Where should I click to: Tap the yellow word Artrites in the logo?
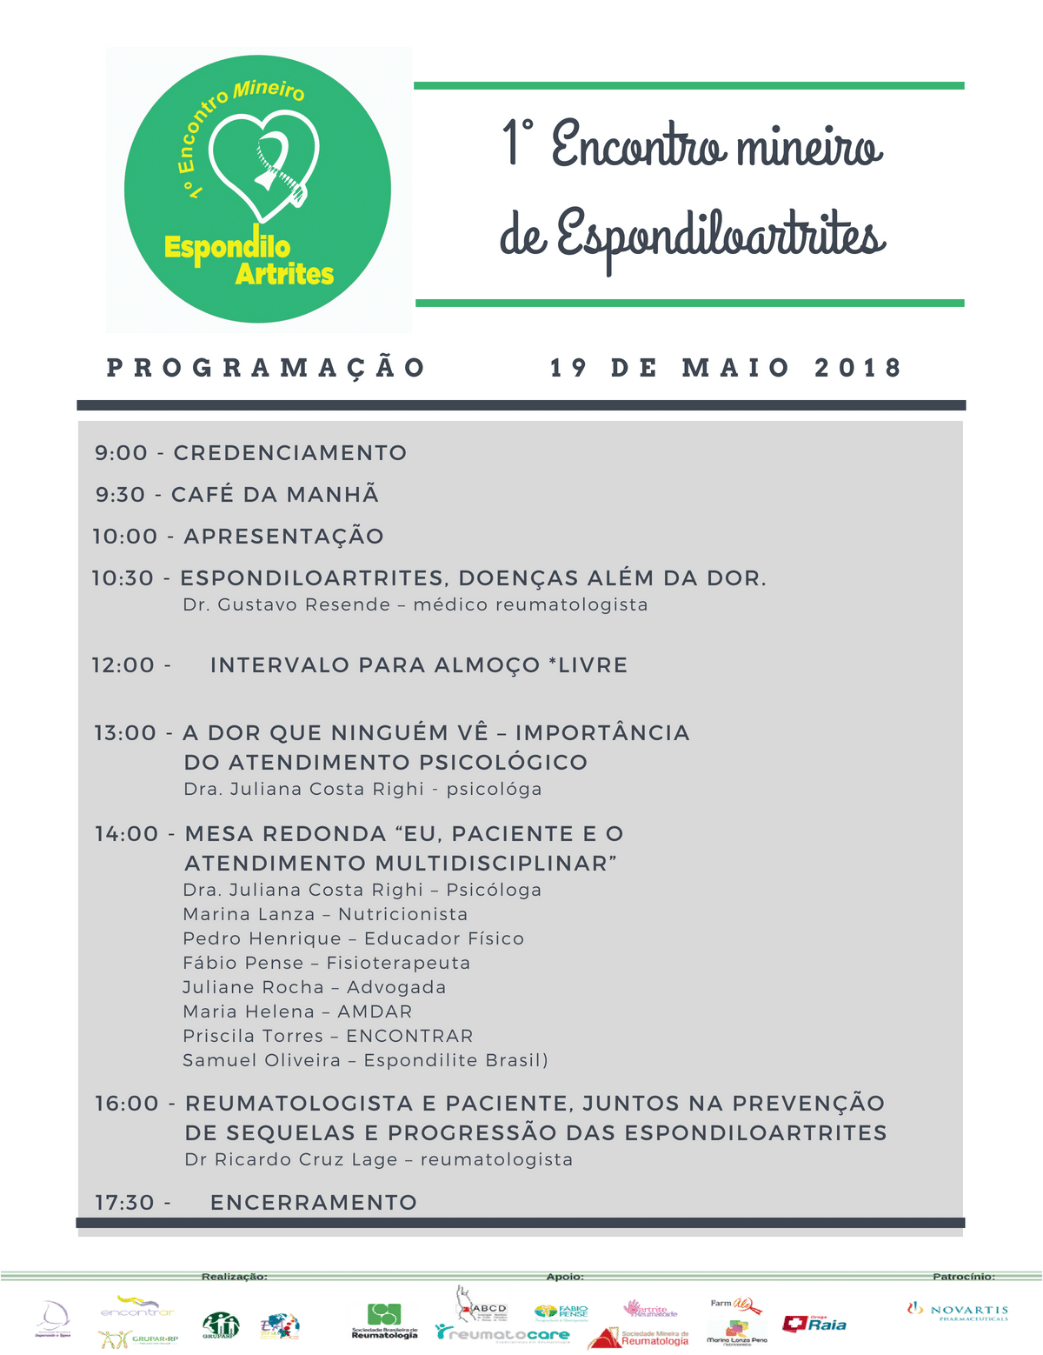pyautogui.click(x=284, y=274)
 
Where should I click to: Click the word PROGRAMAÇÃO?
pyautogui.click(x=265, y=368)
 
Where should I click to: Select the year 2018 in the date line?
pyautogui.click(x=858, y=368)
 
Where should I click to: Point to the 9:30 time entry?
pyautogui.click(x=121, y=495)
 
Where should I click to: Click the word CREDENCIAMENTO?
pyautogui.click(x=290, y=453)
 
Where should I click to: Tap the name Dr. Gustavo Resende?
pyautogui.click(x=286, y=605)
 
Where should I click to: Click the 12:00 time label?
pyautogui.click(x=123, y=665)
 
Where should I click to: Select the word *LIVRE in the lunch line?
pyautogui.click(x=588, y=665)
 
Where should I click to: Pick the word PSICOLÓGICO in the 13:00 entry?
pyautogui.click(x=503, y=763)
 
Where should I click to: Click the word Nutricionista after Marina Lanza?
pyautogui.click(x=403, y=915)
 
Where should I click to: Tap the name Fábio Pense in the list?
pyautogui.click(x=243, y=964)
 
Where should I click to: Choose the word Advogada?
pyautogui.click(x=396, y=988)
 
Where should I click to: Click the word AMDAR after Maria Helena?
pyautogui.click(x=375, y=1012)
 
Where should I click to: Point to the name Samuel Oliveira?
pyautogui.click(x=262, y=1061)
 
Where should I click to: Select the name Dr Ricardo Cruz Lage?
pyautogui.click(x=291, y=1160)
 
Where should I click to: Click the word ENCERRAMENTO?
pyautogui.click(x=314, y=1203)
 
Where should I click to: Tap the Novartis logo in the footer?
pyautogui.click(x=958, y=1311)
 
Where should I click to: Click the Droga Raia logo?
pyautogui.click(x=814, y=1324)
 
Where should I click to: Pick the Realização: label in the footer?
pyautogui.click(x=235, y=1277)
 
